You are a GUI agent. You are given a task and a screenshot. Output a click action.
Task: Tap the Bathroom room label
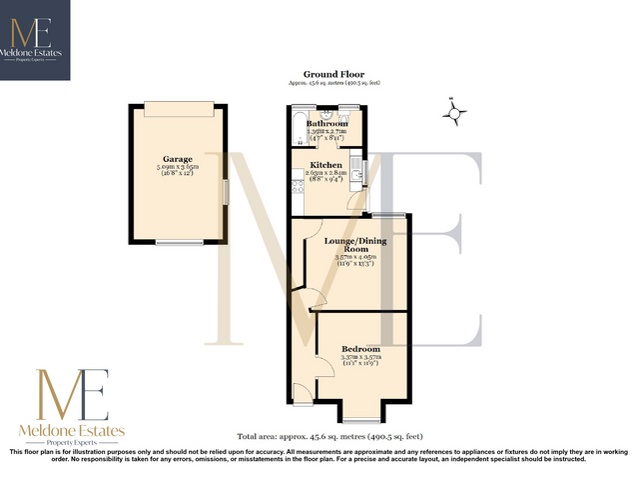coord(326,124)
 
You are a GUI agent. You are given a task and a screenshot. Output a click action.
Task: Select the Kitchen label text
coord(326,164)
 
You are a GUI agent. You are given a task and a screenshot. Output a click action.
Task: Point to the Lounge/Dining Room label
coord(356,245)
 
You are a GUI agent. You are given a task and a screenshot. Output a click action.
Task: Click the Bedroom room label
coord(359,348)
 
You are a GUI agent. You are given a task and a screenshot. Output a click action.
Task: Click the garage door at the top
coord(177,108)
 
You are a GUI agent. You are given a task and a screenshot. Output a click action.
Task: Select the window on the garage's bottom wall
coord(178,242)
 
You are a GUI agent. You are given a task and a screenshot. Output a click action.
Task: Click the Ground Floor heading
coord(333,74)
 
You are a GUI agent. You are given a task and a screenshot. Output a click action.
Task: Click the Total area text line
coord(330,437)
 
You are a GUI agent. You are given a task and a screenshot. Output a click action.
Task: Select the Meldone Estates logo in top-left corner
coord(35,40)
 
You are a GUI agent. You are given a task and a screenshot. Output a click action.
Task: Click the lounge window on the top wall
coord(388,215)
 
